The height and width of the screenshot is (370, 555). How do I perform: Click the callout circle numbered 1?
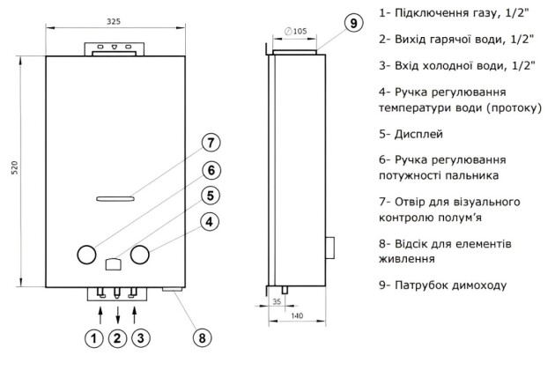(x=95, y=337)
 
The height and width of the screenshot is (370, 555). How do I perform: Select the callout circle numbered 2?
(x=118, y=337)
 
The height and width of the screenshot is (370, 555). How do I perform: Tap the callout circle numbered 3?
(x=141, y=337)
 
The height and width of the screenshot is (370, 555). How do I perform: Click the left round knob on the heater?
(x=85, y=255)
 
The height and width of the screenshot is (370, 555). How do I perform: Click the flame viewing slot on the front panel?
(x=113, y=197)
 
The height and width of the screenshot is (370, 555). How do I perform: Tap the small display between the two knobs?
(x=112, y=262)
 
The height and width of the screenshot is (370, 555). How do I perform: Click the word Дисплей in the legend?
(x=421, y=134)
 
